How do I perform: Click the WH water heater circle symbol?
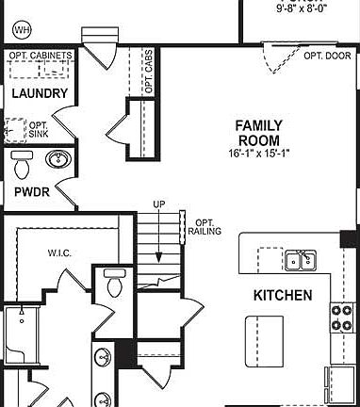tap(21, 30)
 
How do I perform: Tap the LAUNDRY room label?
tap(40, 93)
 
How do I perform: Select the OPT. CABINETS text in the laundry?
tap(40, 56)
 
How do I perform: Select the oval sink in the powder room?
tap(58, 158)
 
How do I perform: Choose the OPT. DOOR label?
tap(326, 56)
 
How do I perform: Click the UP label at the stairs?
tap(159, 204)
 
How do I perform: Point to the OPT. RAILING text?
tap(205, 224)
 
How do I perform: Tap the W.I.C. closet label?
tap(61, 252)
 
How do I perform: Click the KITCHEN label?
tap(283, 295)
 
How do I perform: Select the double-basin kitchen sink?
tap(300, 260)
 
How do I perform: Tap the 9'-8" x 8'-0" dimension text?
tap(303, 8)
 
